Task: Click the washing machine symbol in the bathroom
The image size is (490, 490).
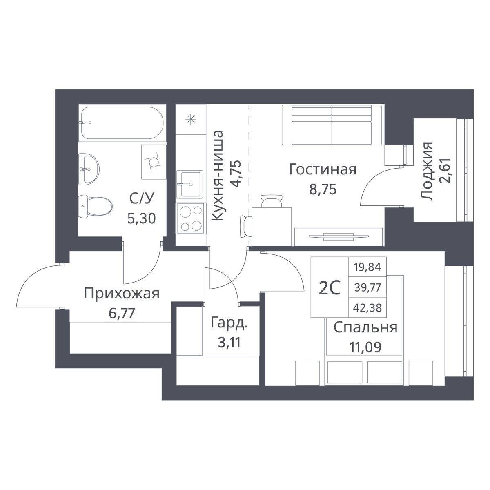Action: [x=154, y=162]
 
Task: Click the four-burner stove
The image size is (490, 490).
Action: [x=191, y=218]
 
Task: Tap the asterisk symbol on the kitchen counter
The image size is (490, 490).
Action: [x=190, y=120]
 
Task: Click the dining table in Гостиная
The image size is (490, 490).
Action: [x=272, y=227]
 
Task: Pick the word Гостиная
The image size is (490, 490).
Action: [x=323, y=169]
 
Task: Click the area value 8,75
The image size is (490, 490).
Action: [x=323, y=189]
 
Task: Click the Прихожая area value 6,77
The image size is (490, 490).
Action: [x=122, y=313]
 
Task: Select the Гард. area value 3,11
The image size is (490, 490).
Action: [x=229, y=343]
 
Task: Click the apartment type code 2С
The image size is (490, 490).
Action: [x=329, y=289]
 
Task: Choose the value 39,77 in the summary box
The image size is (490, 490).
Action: [x=367, y=287]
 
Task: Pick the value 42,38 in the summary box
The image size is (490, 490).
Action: [x=367, y=308]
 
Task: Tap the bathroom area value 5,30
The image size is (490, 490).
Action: [x=141, y=218]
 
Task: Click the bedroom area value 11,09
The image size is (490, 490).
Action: [x=365, y=347]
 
